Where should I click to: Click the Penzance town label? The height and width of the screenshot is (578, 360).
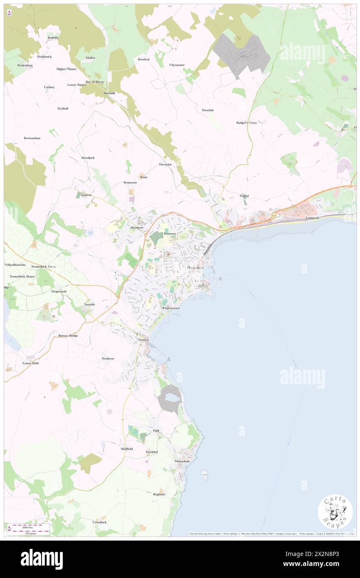(192, 267)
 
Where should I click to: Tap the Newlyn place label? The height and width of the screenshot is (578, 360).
(143, 340)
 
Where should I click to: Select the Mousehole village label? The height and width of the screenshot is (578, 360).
(182, 461)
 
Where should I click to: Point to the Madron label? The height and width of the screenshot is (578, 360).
(86, 195)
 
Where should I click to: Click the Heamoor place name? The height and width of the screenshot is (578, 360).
(137, 227)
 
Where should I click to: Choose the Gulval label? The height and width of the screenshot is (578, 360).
(244, 195)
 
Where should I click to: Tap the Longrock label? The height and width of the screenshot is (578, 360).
(314, 217)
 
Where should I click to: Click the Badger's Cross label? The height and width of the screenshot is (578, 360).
(247, 123)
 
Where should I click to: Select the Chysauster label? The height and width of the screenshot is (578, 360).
(177, 65)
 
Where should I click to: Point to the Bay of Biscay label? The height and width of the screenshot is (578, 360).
(95, 82)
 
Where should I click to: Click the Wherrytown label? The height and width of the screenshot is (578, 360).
(170, 308)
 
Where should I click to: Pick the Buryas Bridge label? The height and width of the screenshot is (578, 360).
(68, 335)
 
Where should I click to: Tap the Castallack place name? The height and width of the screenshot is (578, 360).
(99, 522)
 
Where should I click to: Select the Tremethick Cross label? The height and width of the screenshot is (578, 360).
(43, 267)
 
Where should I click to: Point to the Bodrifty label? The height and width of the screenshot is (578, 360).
(53, 37)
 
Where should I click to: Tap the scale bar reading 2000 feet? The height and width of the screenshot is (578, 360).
(29, 526)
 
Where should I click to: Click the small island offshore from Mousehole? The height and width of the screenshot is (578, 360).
(204, 473)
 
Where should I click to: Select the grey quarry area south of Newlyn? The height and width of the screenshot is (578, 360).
(170, 398)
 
